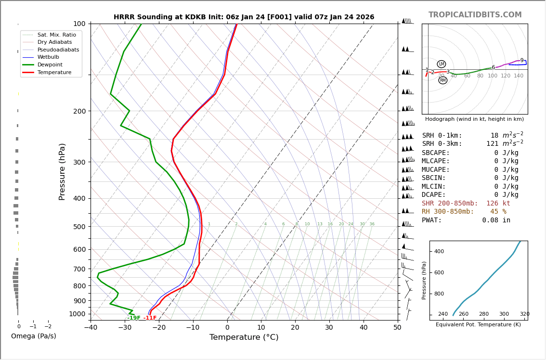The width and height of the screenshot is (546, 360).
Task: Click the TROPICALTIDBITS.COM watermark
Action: point(475,15)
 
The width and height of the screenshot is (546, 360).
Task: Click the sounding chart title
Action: point(244,17)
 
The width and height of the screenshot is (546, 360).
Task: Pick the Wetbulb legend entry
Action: point(48,57)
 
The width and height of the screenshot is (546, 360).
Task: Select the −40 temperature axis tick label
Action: point(91,328)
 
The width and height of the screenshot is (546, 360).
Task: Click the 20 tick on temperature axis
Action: point(295,328)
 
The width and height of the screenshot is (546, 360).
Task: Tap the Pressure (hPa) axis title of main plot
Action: point(63,171)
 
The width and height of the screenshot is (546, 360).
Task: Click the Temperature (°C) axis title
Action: point(244,338)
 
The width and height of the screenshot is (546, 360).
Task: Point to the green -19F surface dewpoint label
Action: point(134,318)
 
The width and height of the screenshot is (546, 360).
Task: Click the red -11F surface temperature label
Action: point(150,318)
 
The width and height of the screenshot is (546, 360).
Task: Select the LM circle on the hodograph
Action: point(442,64)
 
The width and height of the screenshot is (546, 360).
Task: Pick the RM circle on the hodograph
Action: point(443,80)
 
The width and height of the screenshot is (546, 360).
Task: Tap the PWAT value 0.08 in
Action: point(496,220)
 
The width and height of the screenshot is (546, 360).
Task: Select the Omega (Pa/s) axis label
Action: point(34,336)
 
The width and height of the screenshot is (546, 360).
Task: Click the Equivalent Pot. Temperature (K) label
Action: point(478,325)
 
